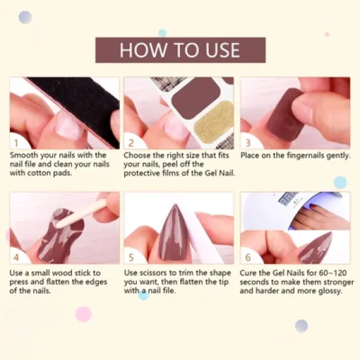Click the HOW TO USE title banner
pyautogui.click(x=180, y=50)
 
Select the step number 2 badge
pyautogui.click(x=131, y=142)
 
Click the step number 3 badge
pyautogui.click(x=247, y=142)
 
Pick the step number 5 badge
pyautogui.click(x=131, y=257)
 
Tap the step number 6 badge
pyautogui.click(x=247, y=257)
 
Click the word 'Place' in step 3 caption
pyautogui.click(x=251, y=156)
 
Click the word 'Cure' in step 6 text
pyautogui.click(x=251, y=273)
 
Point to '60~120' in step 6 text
pyautogui.click(x=334, y=273)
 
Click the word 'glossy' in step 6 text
pyautogui.click(x=328, y=291)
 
